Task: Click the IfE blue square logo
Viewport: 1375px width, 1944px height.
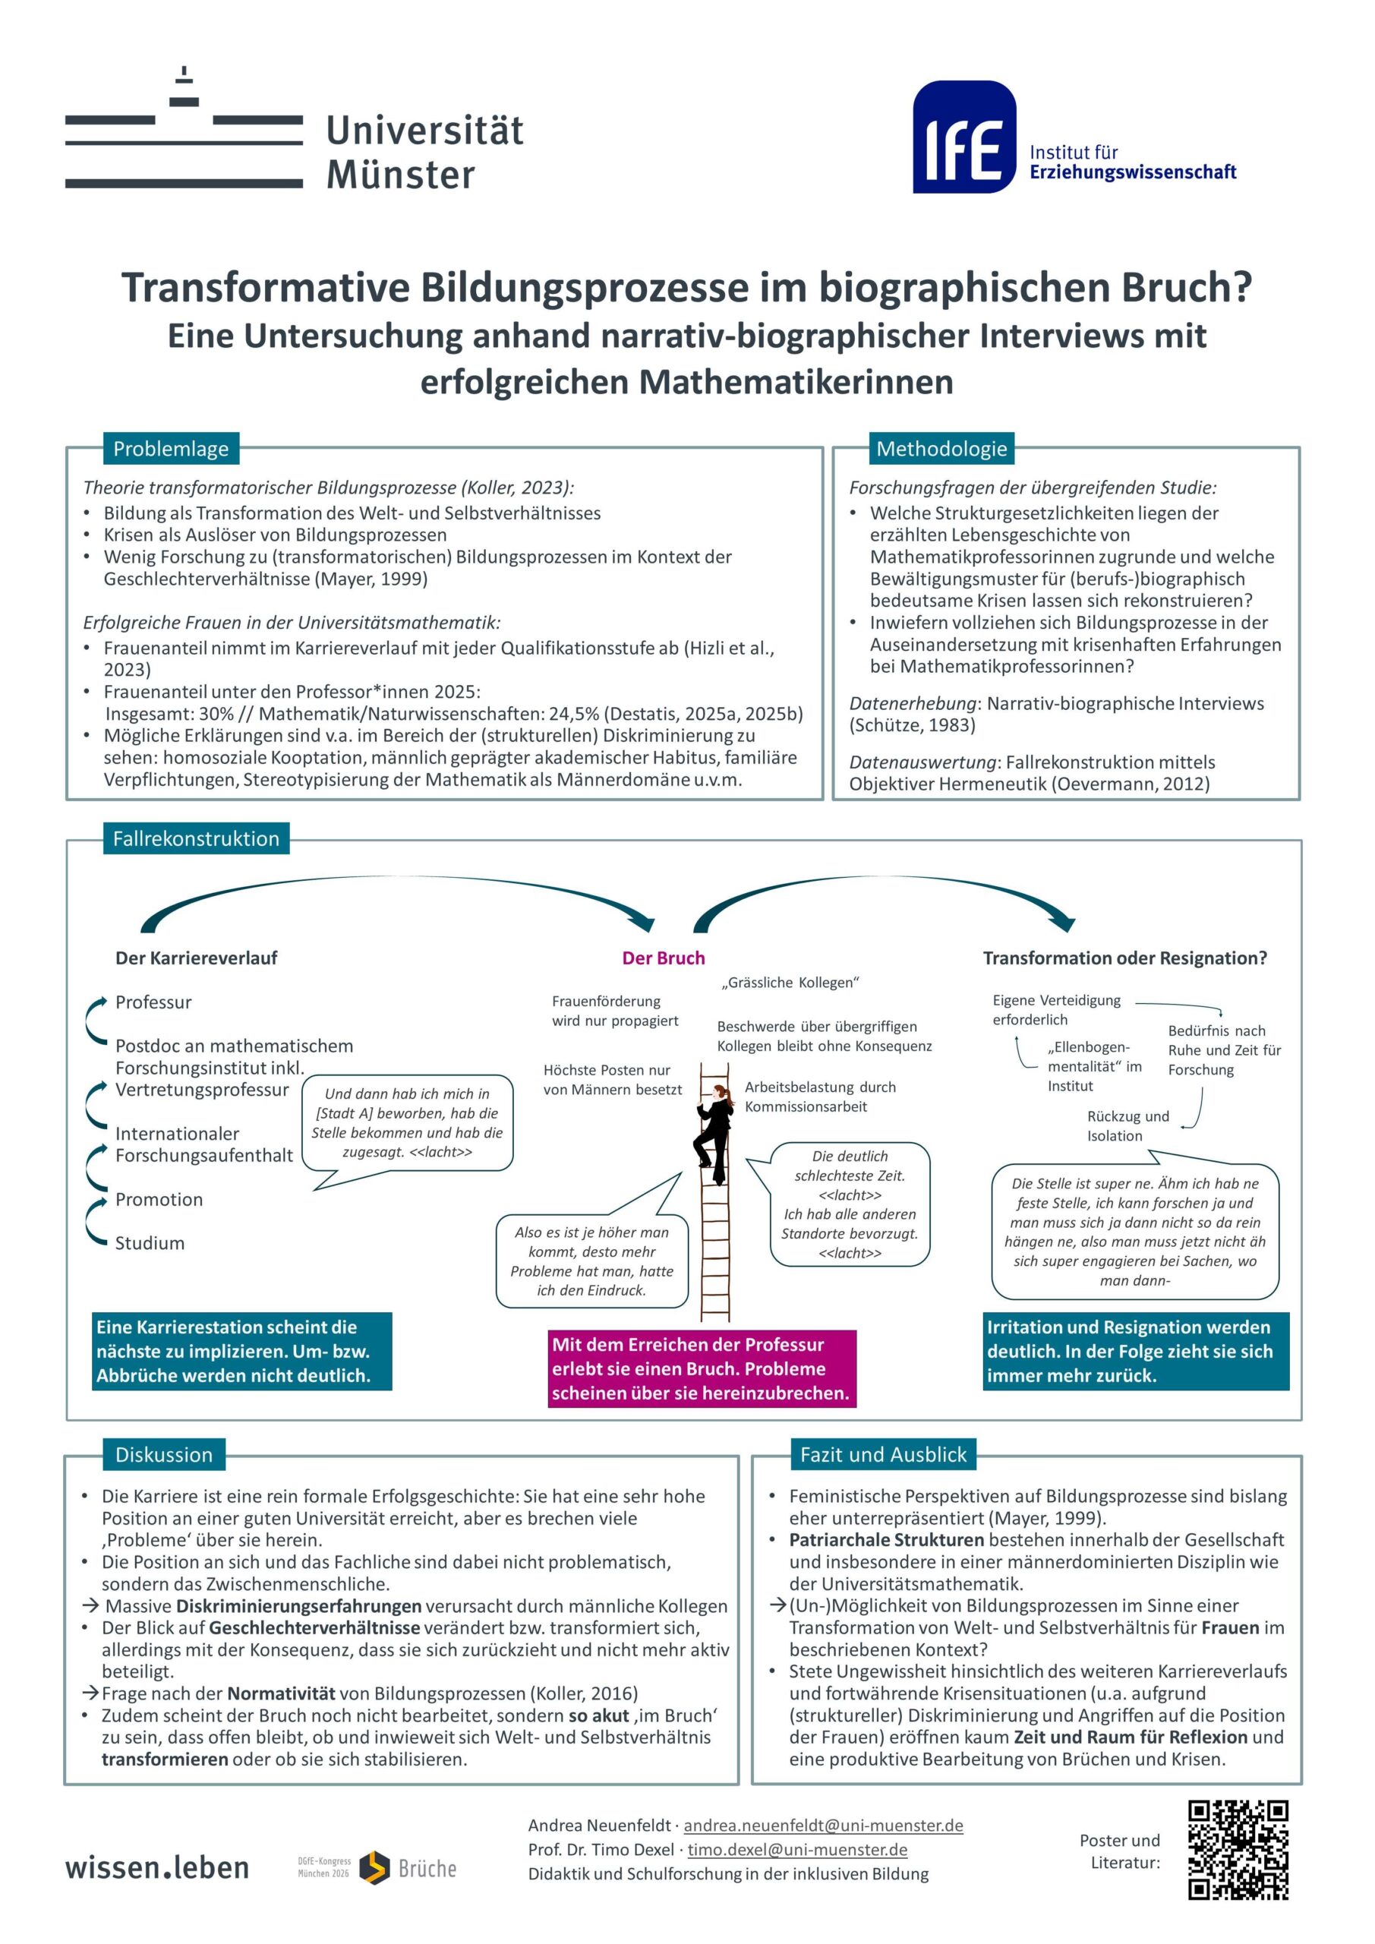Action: tap(963, 137)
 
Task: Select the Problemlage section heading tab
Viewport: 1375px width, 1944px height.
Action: tap(171, 449)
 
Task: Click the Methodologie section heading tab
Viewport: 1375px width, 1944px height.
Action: tap(941, 449)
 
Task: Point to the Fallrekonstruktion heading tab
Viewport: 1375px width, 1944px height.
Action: tap(196, 838)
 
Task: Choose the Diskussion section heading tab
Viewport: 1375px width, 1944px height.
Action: tap(164, 1455)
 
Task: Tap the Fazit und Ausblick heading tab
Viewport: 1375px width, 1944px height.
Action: tap(883, 1455)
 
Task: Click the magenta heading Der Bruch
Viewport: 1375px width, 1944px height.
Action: tap(663, 958)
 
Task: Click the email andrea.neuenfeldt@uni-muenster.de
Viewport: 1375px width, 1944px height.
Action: tap(823, 1826)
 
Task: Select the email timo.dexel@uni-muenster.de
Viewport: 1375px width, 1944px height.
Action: tap(796, 1850)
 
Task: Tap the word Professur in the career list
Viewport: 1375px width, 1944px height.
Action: tap(153, 1002)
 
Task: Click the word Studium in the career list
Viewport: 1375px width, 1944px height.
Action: tap(150, 1243)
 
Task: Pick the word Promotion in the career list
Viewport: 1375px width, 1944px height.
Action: tap(159, 1199)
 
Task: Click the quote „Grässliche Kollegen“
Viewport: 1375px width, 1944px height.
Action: tap(790, 982)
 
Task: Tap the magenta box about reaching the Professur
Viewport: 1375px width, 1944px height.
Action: tap(702, 1368)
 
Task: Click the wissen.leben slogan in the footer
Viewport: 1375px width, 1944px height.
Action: tap(157, 1868)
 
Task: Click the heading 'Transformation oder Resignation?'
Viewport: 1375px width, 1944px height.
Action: tap(1124, 958)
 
